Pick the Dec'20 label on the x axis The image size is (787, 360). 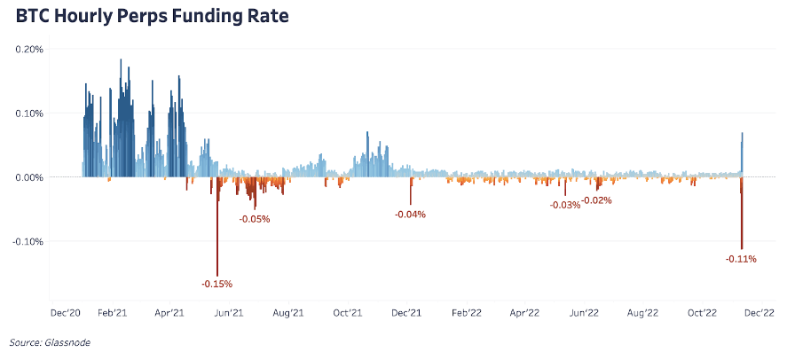(67, 313)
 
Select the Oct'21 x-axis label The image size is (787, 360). (347, 313)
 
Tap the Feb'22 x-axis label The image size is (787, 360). (467, 313)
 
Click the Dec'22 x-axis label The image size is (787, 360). (759, 313)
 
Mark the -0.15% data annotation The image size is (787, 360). (217, 284)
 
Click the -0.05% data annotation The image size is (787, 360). (255, 218)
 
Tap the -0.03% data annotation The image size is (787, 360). (565, 205)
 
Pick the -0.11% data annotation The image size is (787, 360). (741, 259)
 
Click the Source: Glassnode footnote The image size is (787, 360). (50, 342)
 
